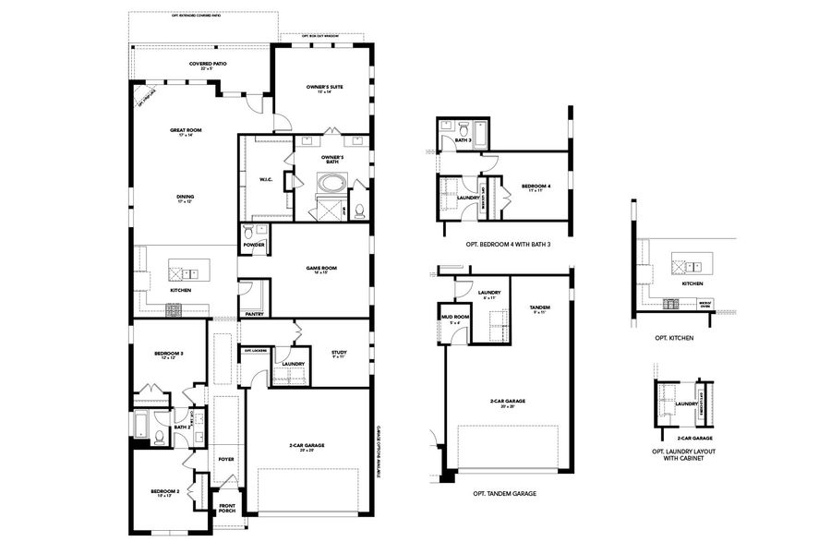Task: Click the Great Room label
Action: tap(186, 131)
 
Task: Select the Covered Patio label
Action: tap(208, 65)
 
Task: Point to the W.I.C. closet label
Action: tap(265, 180)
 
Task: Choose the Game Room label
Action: tap(321, 269)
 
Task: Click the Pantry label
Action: tap(255, 314)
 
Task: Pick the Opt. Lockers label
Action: tap(256, 351)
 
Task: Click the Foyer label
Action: tap(226, 459)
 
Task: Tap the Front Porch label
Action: tap(226, 508)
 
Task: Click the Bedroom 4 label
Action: tap(536, 187)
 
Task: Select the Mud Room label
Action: tap(454, 318)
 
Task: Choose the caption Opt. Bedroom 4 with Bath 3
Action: tap(502, 245)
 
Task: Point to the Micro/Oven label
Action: tap(705, 301)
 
